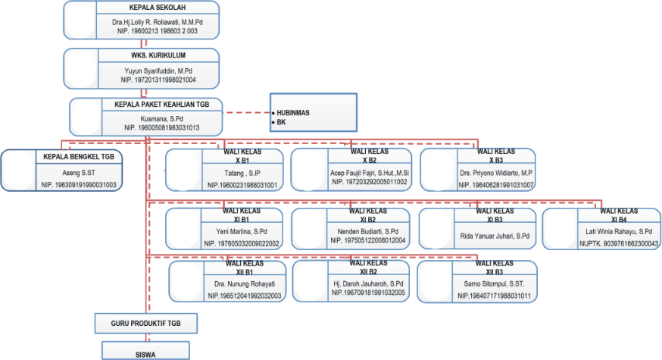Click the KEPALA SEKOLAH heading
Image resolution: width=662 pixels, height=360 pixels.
click(157, 8)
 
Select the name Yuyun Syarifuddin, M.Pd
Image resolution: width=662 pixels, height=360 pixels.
click(158, 71)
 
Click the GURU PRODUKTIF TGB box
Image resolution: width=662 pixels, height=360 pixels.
click(145, 323)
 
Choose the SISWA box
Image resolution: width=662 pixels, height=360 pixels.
click(145, 351)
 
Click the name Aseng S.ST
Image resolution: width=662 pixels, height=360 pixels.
click(79, 172)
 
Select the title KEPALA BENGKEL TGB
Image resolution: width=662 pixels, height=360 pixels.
click(79, 157)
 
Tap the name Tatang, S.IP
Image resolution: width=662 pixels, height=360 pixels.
click(242, 174)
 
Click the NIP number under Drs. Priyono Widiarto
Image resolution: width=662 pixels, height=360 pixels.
click(496, 185)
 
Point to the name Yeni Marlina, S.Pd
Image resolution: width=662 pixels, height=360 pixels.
click(242, 232)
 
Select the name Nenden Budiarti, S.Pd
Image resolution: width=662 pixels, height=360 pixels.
click(367, 232)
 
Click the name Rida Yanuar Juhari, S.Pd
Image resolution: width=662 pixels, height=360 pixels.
click(495, 236)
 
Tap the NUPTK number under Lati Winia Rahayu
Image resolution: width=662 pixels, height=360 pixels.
click(619, 244)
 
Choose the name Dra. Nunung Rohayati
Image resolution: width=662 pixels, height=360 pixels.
click(245, 284)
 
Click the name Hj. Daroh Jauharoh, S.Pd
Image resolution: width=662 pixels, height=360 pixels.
click(368, 283)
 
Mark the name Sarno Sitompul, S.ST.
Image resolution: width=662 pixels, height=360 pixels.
click(495, 284)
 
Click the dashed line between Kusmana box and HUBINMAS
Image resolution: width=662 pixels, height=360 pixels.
click(246, 113)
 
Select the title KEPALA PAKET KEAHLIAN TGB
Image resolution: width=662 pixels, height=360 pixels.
click(161, 105)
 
